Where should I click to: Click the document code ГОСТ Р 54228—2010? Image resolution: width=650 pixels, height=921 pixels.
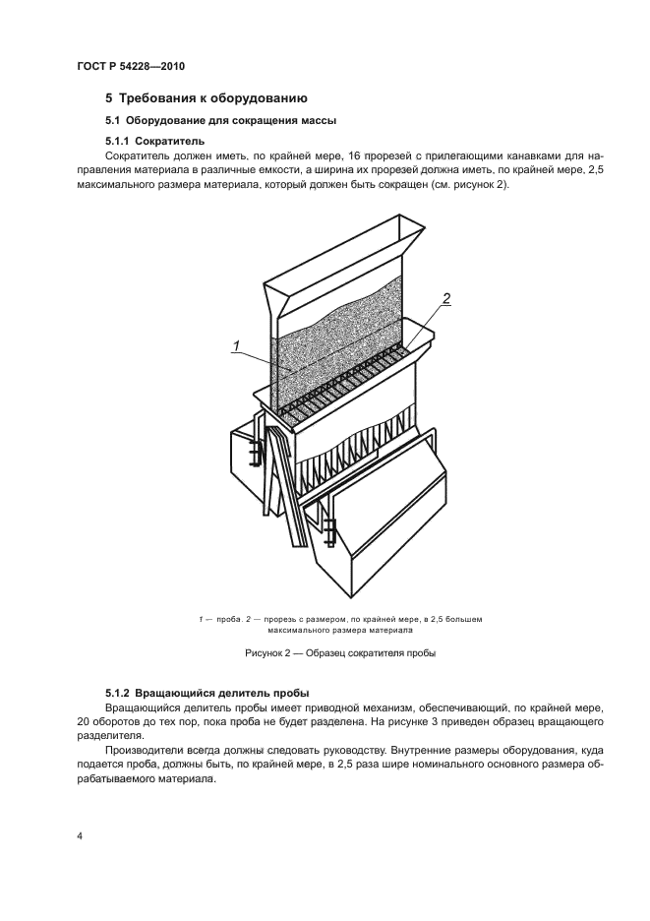pos(130,66)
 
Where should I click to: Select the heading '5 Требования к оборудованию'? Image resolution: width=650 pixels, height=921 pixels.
pos(207,98)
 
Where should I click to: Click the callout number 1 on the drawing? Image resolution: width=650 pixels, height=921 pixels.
pos(237,343)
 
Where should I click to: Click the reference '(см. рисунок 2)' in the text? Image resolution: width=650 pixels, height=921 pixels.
pos(465,186)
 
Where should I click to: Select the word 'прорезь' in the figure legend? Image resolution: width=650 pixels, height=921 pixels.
pos(276,619)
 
